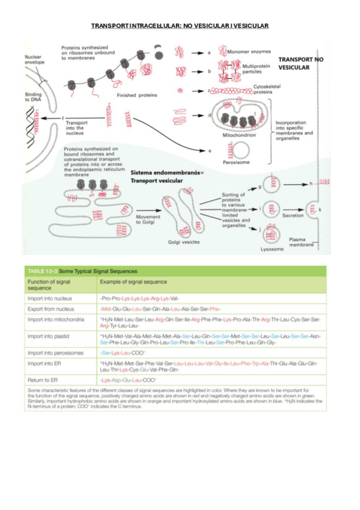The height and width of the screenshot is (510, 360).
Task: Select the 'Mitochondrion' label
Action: [239, 135]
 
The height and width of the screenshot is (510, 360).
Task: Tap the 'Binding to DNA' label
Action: [34, 97]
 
